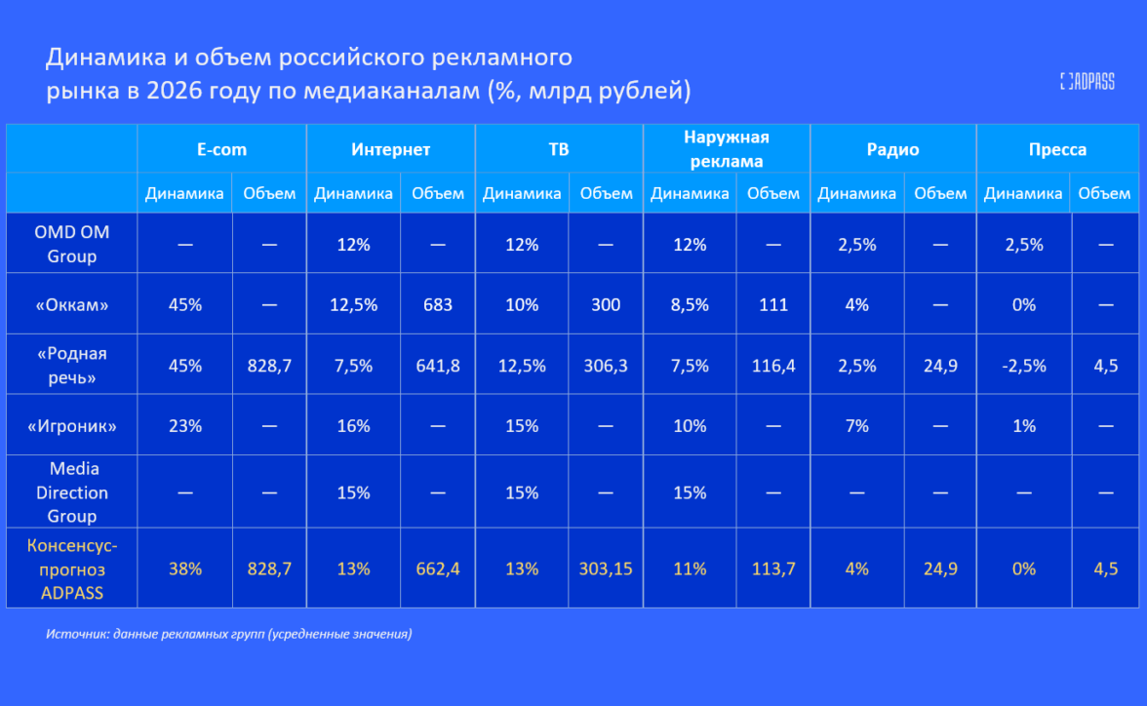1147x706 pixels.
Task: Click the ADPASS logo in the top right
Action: [x=1087, y=82]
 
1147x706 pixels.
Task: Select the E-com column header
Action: [x=221, y=149]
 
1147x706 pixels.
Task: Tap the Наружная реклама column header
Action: [x=726, y=149]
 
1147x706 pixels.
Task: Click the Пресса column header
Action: [x=1057, y=149]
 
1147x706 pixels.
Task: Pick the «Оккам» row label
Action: [x=71, y=304]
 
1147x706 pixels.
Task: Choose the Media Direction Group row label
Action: [x=71, y=492]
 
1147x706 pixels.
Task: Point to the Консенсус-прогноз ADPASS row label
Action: [x=71, y=569]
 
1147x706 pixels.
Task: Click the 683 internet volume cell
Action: [x=438, y=304]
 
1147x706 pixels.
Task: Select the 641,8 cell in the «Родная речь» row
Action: [x=438, y=366]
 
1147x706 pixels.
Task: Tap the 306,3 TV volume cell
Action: [x=606, y=366]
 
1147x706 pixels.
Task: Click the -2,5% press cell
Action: [x=1023, y=366]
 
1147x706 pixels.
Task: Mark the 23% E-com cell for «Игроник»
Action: [x=184, y=426]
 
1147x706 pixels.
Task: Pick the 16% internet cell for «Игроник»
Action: [x=353, y=426]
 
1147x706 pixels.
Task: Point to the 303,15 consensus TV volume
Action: [x=606, y=569]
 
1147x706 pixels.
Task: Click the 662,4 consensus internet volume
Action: [x=438, y=569]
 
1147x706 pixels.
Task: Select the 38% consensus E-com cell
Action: [x=184, y=569]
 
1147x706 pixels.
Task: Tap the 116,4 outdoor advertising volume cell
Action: [x=773, y=366]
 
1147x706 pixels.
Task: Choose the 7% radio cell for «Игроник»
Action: [x=856, y=426]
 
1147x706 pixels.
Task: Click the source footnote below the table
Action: [x=228, y=634]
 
